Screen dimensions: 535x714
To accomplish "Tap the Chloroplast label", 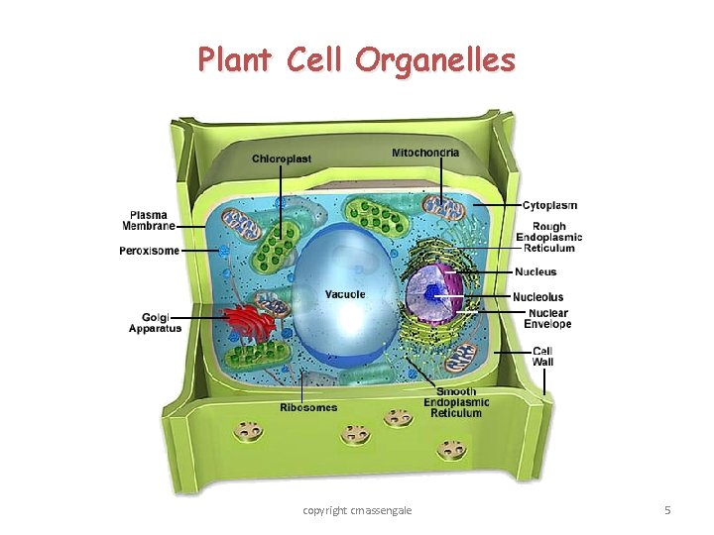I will click(x=281, y=159).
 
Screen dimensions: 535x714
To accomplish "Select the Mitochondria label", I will click(x=425, y=153).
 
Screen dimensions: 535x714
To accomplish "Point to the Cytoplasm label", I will click(x=549, y=205).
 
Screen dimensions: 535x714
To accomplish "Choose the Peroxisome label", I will click(x=150, y=251).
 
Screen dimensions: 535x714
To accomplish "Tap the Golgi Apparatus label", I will click(x=155, y=322).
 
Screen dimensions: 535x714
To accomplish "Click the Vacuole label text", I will click(x=345, y=294).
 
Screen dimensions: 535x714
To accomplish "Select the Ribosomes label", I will click(x=307, y=407).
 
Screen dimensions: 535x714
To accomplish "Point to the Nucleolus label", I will click(x=538, y=296).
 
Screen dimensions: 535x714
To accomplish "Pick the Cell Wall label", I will click(x=543, y=356).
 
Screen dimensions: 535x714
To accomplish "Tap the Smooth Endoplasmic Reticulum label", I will click(x=456, y=402).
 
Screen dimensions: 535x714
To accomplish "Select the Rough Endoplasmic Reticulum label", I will click(x=548, y=237).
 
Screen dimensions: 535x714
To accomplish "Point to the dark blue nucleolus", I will click(x=433, y=292).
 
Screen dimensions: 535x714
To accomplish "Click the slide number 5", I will click(x=667, y=510).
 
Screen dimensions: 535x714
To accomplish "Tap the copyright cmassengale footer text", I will click(x=357, y=510).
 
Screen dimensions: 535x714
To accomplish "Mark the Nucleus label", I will click(x=535, y=271).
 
